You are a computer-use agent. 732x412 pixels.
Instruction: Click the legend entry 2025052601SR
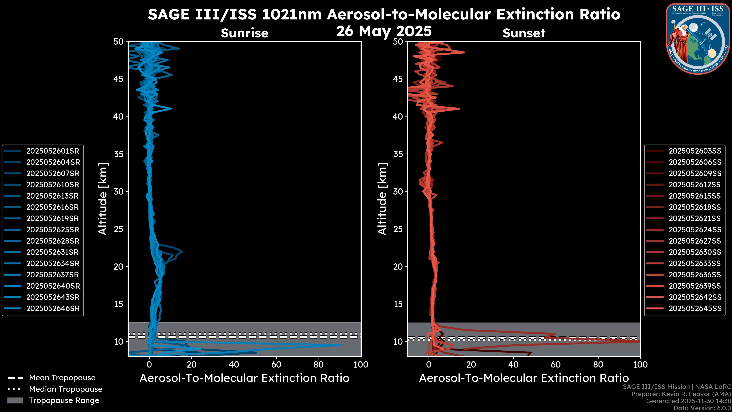point(53,151)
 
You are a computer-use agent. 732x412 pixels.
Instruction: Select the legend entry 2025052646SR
point(53,308)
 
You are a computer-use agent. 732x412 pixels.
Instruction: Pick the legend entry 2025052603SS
point(695,151)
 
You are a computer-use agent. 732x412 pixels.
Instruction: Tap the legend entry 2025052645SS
point(695,308)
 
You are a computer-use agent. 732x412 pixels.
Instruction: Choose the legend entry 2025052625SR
point(53,230)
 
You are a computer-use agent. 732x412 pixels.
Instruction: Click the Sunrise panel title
point(244,33)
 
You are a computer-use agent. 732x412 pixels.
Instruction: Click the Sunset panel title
point(524,33)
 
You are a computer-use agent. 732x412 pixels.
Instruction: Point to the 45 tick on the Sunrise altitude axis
point(119,79)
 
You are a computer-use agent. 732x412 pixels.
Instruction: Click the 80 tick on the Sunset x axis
point(598,365)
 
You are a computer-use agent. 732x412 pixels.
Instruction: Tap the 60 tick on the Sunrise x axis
point(276,365)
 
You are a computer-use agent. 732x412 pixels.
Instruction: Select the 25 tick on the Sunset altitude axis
point(398,229)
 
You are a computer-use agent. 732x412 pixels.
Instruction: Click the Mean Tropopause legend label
point(62,378)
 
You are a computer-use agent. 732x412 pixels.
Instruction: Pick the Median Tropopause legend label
point(66,389)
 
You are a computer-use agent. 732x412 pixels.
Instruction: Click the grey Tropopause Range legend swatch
point(15,401)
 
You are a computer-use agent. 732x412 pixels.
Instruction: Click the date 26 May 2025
point(384,31)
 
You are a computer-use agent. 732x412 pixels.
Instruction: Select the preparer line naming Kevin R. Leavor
point(681,394)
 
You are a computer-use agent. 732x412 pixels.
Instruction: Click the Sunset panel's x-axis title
point(524,378)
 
